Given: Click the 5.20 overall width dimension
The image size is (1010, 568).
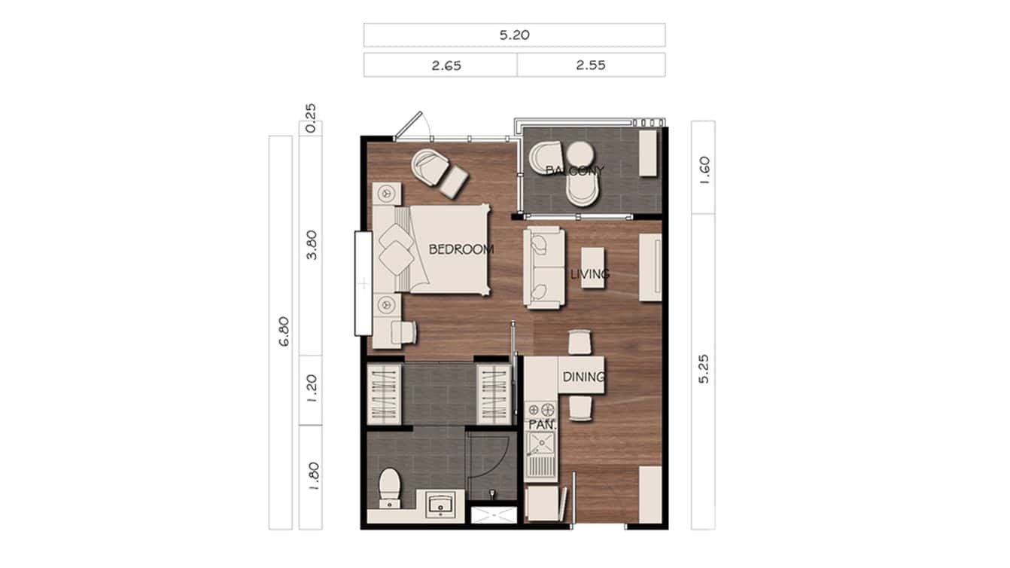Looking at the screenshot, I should tap(514, 35).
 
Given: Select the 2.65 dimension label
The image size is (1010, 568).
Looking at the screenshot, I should tap(446, 66).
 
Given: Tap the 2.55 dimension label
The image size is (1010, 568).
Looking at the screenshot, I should tap(591, 66).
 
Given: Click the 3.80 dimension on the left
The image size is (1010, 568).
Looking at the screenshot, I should tap(312, 244).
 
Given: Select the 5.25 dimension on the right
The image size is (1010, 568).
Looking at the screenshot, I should tap(703, 369).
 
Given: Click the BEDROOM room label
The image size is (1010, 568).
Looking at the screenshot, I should tap(461, 249).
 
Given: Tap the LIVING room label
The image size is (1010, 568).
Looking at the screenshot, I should tap(589, 274).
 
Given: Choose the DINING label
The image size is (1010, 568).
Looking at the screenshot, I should tap(583, 377).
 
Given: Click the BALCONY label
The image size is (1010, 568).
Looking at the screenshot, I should tap(574, 170).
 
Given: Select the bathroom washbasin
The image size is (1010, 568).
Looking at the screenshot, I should tap(439, 505).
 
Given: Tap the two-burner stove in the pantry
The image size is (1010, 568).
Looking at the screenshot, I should tap(540, 411).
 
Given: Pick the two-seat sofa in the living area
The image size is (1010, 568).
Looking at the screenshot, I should tap(543, 267).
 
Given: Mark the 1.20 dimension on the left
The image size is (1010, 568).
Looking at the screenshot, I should tap(312, 389).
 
